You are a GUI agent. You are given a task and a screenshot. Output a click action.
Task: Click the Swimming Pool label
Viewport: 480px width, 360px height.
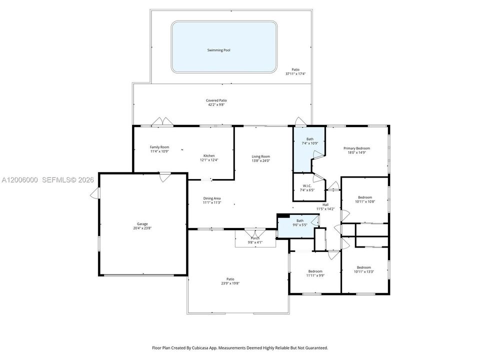click(218, 50)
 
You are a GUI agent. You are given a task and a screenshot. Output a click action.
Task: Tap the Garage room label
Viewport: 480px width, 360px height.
click(142, 224)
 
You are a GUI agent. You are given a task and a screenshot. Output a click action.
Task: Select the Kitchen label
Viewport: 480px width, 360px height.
click(209, 155)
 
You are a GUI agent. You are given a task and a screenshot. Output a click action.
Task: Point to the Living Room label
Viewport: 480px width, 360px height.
click(261, 156)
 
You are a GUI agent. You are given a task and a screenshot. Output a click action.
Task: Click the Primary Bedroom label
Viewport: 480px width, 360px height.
click(356, 148)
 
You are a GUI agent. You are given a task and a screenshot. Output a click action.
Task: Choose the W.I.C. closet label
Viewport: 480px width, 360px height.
click(307, 186)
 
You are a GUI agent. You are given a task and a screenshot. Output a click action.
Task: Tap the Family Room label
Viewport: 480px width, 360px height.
click(159, 147)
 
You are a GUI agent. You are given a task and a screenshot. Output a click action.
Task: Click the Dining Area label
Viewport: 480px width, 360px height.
click(212, 198)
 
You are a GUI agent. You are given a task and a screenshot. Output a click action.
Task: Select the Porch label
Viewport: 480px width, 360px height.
click(255, 238)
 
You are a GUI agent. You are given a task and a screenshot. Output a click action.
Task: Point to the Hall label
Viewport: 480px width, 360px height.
click(325, 205)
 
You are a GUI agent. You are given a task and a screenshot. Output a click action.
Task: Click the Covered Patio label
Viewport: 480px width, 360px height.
click(216, 100)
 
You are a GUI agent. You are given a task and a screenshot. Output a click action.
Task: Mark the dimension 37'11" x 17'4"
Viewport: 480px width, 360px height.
click(295, 74)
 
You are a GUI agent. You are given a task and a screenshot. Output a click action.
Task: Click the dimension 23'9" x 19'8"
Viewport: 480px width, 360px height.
click(230, 283)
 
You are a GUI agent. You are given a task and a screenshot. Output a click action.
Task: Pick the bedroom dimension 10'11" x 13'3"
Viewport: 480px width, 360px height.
click(364, 271)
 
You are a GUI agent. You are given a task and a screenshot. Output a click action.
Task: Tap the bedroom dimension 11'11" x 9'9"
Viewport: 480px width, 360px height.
click(315, 275)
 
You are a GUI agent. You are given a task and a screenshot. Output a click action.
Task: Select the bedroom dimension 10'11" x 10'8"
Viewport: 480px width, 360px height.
click(365, 201)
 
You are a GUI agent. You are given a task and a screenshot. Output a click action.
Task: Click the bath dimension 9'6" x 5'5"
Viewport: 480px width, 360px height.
click(300, 224)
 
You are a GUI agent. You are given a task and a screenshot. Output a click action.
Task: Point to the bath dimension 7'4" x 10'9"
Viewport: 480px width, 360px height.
click(310, 143)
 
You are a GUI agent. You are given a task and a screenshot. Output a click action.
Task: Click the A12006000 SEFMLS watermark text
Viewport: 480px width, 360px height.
click(48, 180)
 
